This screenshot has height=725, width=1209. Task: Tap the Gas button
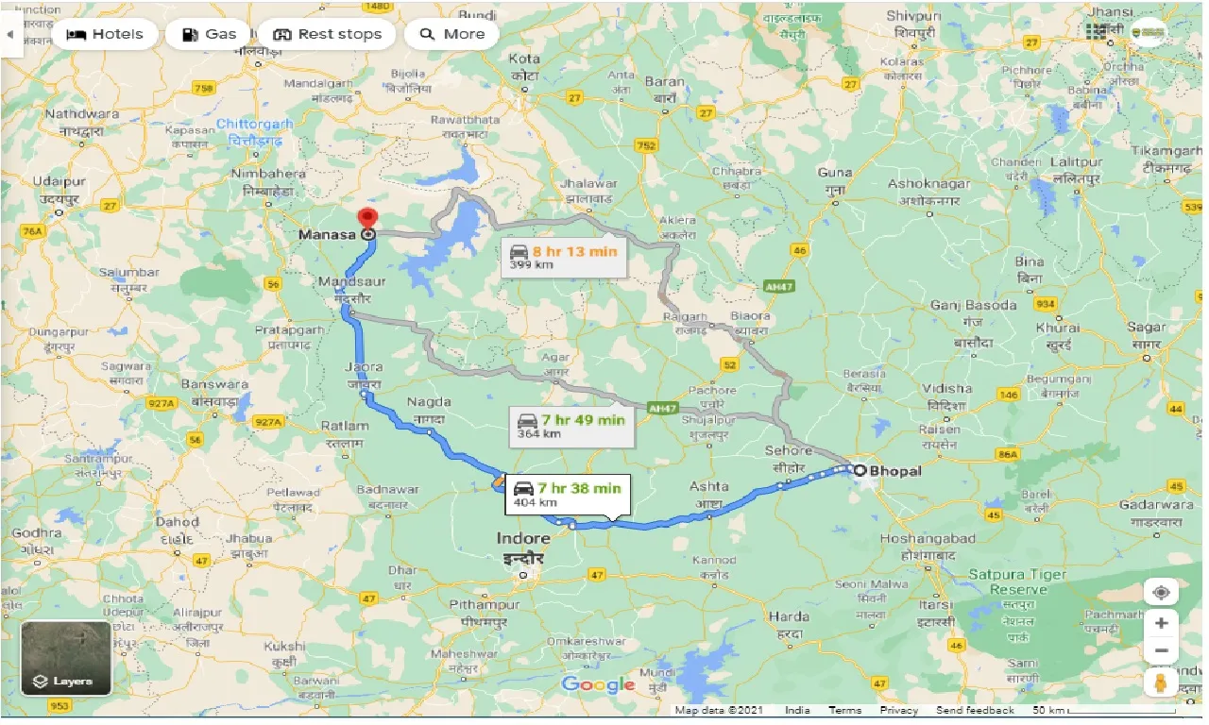coord(208,34)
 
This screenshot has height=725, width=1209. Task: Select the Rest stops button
coord(327,34)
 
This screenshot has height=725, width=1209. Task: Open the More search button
coord(451,34)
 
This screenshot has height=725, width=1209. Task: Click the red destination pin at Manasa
coord(368,218)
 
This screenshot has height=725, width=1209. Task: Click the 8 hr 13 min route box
coord(563,257)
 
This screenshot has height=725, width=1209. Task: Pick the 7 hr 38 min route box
coord(567,494)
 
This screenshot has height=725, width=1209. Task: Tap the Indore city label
coord(521,539)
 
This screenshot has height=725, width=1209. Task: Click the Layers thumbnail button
coord(66,657)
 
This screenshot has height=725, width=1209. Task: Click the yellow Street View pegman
coord(1161,682)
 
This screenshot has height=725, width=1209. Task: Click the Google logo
coord(598,685)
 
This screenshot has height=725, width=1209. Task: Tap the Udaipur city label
coord(59,181)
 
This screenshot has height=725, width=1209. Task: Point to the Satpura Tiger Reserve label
coord(1017,582)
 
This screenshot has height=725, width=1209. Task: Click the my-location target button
coord(1161,592)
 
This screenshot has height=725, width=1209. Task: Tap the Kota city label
coord(524,59)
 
